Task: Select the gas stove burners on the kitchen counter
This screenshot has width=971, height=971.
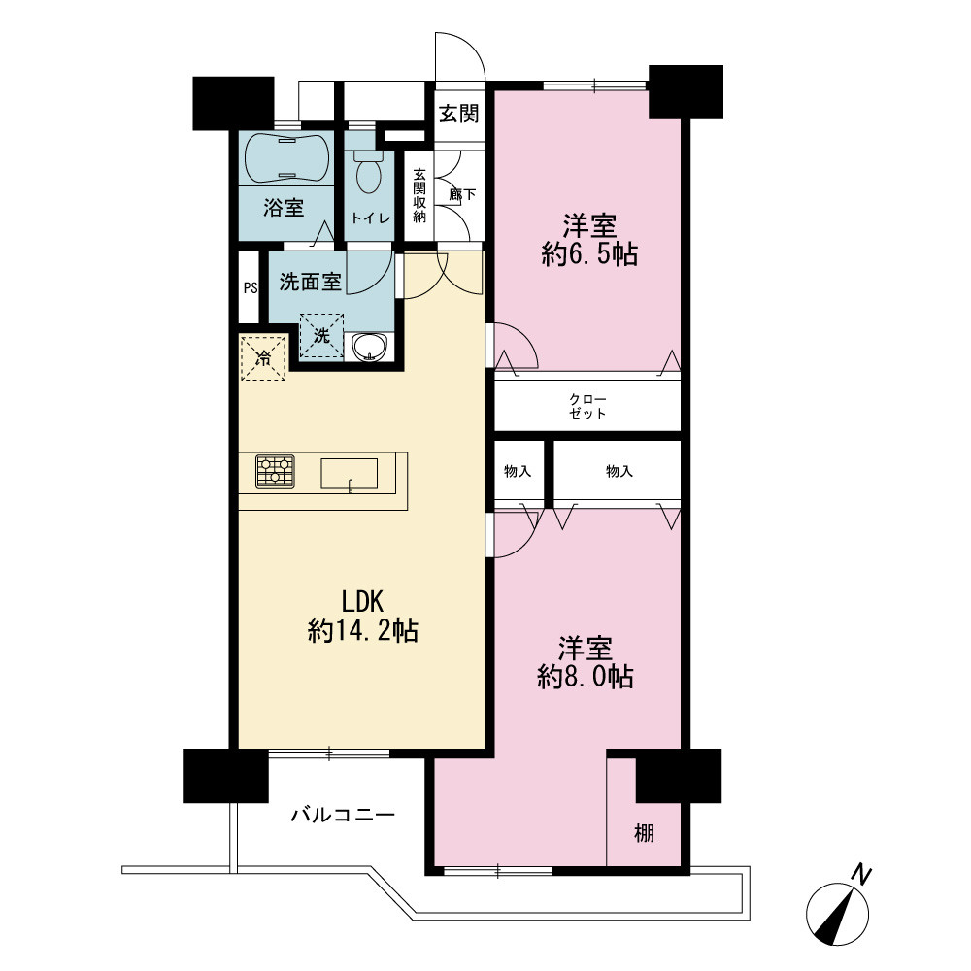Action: click(x=275, y=472)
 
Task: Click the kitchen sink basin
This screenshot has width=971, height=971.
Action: click(x=349, y=475)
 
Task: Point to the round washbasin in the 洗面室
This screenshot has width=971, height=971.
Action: click(x=369, y=346)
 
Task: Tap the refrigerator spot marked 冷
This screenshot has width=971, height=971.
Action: click(x=263, y=357)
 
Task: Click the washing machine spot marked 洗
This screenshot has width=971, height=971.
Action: click(x=321, y=336)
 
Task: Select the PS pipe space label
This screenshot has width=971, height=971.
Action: click(x=251, y=288)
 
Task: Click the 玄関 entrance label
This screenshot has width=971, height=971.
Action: click(x=459, y=114)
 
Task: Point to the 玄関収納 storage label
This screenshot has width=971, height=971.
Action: click(x=419, y=195)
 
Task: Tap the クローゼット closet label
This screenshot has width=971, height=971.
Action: click(x=587, y=406)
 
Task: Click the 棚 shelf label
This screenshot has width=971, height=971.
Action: click(x=644, y=833)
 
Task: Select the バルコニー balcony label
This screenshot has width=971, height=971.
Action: click(x=343, y=814)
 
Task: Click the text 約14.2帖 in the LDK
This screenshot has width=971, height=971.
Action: click(x=363, y=631)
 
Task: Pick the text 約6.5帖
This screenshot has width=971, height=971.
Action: click(x=589, y=253)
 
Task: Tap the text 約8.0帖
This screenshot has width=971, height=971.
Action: click(x=586, y=677)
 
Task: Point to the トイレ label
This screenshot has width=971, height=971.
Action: click(x=371, y=218)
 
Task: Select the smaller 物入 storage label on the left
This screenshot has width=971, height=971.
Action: click(x=518, y=472)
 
